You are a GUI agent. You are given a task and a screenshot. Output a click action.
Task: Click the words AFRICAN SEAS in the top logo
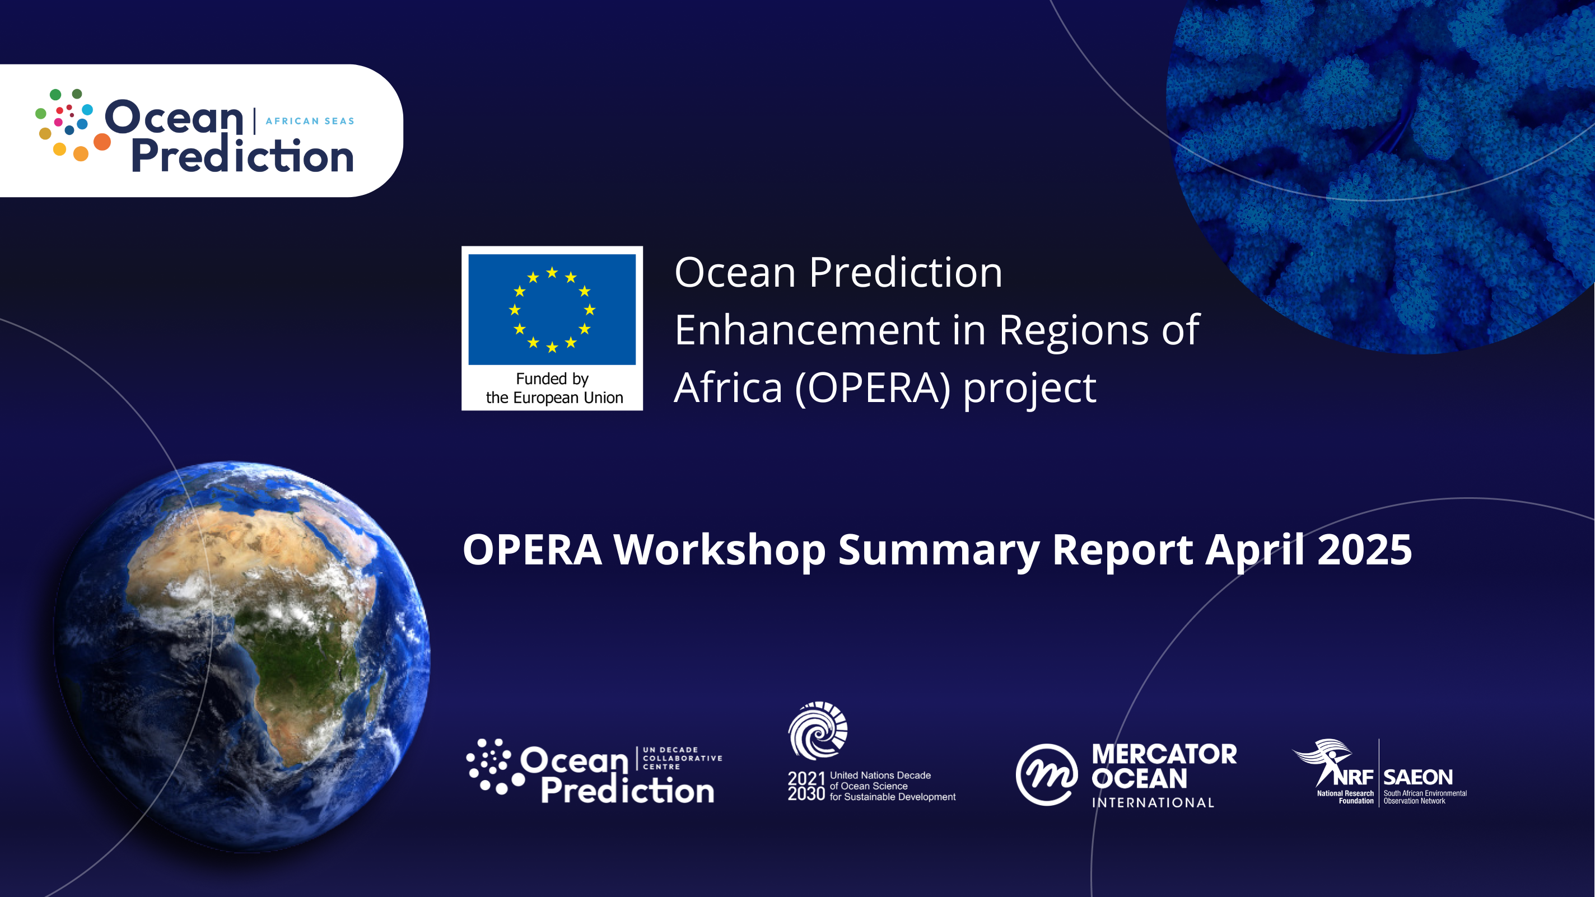click(x=310, y=122)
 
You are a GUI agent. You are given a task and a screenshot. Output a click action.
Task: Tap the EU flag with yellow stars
click(x=552, y=309)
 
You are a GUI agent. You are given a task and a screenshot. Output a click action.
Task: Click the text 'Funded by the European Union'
click(x=553, y=388)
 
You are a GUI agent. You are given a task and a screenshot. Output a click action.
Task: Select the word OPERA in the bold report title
click(x=532, y=550)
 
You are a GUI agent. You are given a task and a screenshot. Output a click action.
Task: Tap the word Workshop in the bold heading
click(x=720, y=551)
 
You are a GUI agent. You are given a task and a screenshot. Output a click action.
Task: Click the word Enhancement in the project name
click(x=808, y=330)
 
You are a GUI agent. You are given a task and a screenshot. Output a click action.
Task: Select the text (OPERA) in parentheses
click(x=873, y=389)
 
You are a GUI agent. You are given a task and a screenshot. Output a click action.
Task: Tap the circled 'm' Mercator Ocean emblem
click(x=1046, y=774)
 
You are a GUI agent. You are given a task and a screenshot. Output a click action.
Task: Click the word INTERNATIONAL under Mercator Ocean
click(x=1153, y=803)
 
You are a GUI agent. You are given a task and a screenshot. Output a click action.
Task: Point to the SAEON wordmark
click(x=1418, y=777)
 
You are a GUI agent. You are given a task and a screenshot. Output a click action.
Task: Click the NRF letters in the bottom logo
click(x=1354, y=777)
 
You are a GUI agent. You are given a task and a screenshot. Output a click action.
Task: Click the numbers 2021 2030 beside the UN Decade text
click(x=806, y=786)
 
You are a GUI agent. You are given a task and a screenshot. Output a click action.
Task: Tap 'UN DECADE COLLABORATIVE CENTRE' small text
click(x=682, y=758)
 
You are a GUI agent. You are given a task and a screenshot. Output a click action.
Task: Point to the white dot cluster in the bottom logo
click(x=495, y=767)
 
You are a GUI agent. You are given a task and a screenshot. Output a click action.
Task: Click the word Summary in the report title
click(x=939, y=551)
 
